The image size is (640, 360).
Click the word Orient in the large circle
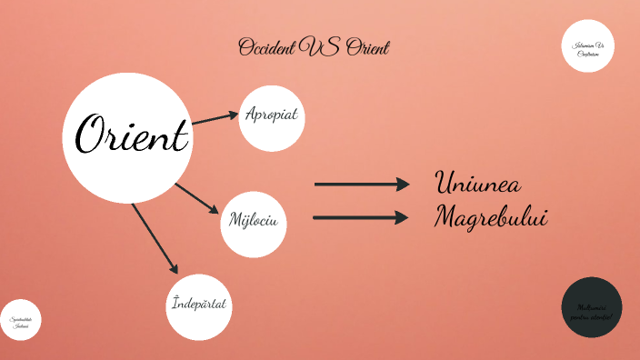coord(132,136)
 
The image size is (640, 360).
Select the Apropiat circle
coord(271,117)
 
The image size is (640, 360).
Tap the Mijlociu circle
coord(254,221)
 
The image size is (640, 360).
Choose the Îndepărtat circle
coord(199,305)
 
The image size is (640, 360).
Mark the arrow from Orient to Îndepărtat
coord(154,237)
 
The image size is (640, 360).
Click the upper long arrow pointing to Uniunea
coord(362,185)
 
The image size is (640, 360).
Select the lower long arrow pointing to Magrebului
coord(360,217)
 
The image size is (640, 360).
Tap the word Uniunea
coord(478,183)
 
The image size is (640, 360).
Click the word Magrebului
coord(491,217)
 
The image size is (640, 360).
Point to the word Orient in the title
coord(367,47)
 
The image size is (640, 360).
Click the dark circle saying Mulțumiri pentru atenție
coord(592,308)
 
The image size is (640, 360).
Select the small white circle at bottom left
coord(20,320)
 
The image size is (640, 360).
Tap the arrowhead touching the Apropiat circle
coord(233,114)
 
